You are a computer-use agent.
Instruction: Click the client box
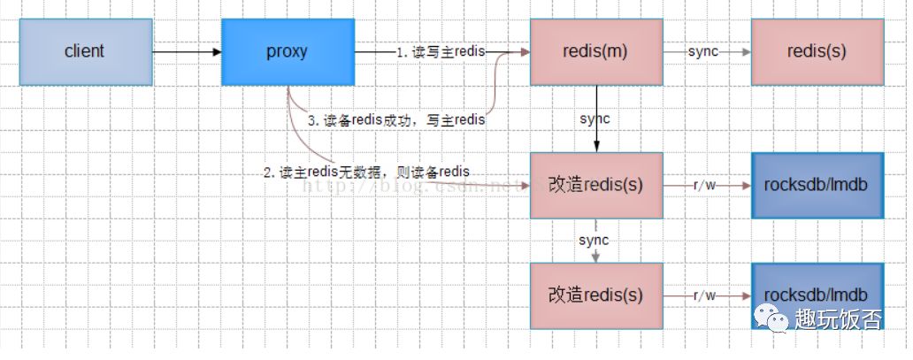pyautogui.click(x=85, y=52)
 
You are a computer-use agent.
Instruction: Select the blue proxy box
pyautogui.click(x=288, y=52)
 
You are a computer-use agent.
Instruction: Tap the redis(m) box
pyautogui.click(x=595, y=52)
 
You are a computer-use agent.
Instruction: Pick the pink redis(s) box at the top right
pyautogui.click(x=817, y=52)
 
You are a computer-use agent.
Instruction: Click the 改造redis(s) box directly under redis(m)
pyautogui.click(x=595, y=185)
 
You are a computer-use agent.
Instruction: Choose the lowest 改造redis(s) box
pyautogui.click(x=595, y=295)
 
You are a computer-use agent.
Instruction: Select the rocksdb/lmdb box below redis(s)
pyautogui.click(x=817, y=185)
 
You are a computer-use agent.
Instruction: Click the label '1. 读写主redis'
pyautogui.click(x=441, y=52)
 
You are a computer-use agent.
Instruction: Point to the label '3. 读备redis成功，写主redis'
pyautogui.click(x=395, y=119)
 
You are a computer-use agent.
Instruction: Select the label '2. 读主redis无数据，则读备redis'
pyautogui.click(x=366, y=172)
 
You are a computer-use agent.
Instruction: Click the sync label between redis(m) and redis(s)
pyautogui.click(x=702, y=52)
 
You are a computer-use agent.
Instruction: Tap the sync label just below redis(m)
pyautogui.click(x=595, y=119)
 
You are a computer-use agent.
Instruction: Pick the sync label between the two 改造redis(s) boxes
pyautogui.click(x=594, y=240)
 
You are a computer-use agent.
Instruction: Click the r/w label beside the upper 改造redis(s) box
pyautogui.click(x=705, y=185)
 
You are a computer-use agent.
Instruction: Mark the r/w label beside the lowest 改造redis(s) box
pyautogui.click(x=705, y=295)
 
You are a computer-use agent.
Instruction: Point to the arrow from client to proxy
pyautogui.click(x=186, y=52)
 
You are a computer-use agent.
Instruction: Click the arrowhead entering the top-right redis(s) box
pyautogui.click(x=746, y=52)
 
